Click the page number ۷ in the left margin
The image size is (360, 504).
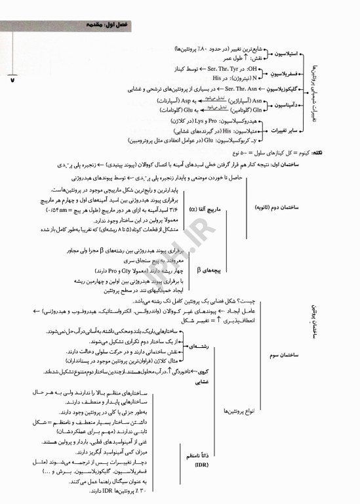tap(12, 80)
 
